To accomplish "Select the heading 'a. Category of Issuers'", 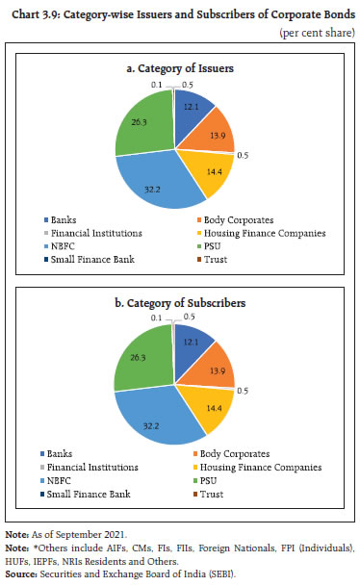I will pos(179,67).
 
